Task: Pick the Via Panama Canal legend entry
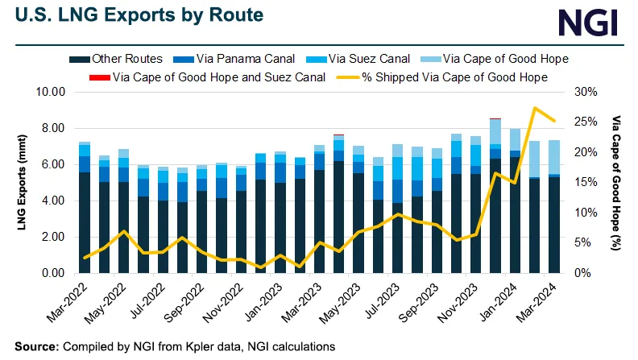pyautogui.click(x=234, y=59)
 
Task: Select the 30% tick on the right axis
pyautogui.click(x=582, y=92)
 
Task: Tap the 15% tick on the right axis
pyautogui.click(x=582, y=183)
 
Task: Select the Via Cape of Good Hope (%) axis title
pyautogui.click(x=617, y=183)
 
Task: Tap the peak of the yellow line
pyautogui.click(x=535, y=108)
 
